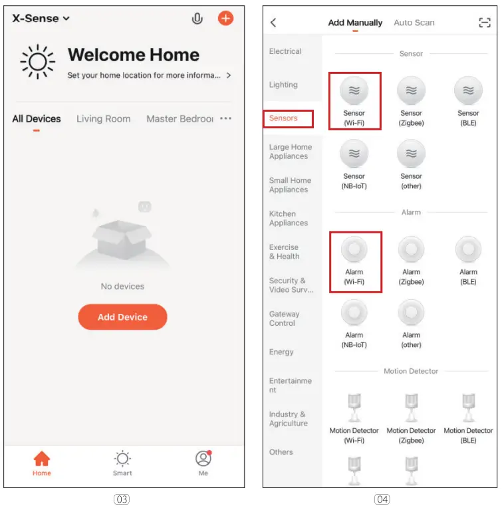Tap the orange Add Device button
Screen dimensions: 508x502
122,317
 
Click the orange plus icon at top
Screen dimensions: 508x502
226,19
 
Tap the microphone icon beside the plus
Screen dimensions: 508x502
197,19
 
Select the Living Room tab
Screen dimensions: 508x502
103,119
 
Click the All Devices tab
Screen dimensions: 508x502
37,119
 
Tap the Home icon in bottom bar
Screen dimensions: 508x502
42,459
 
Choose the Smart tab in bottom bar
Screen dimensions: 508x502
122,459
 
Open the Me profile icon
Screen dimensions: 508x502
203,459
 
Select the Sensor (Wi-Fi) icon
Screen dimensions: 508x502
354,90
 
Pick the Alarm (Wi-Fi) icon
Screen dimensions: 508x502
354,250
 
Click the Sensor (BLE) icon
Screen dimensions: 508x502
468,90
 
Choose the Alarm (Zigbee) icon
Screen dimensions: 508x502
411,250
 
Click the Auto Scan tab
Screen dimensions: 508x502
414,23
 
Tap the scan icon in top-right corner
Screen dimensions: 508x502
484,23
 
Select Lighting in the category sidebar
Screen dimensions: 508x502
283,85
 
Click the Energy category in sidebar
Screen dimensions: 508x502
281,352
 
